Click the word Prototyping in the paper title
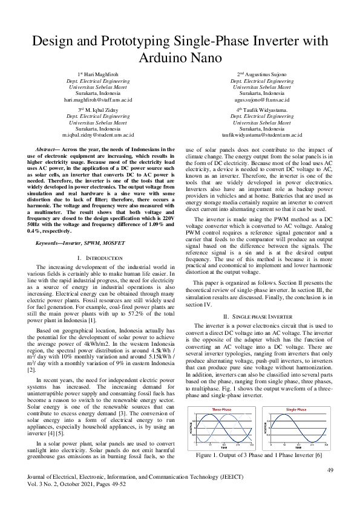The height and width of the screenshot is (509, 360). coord(135,42)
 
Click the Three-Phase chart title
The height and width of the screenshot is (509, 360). coord(221,409)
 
